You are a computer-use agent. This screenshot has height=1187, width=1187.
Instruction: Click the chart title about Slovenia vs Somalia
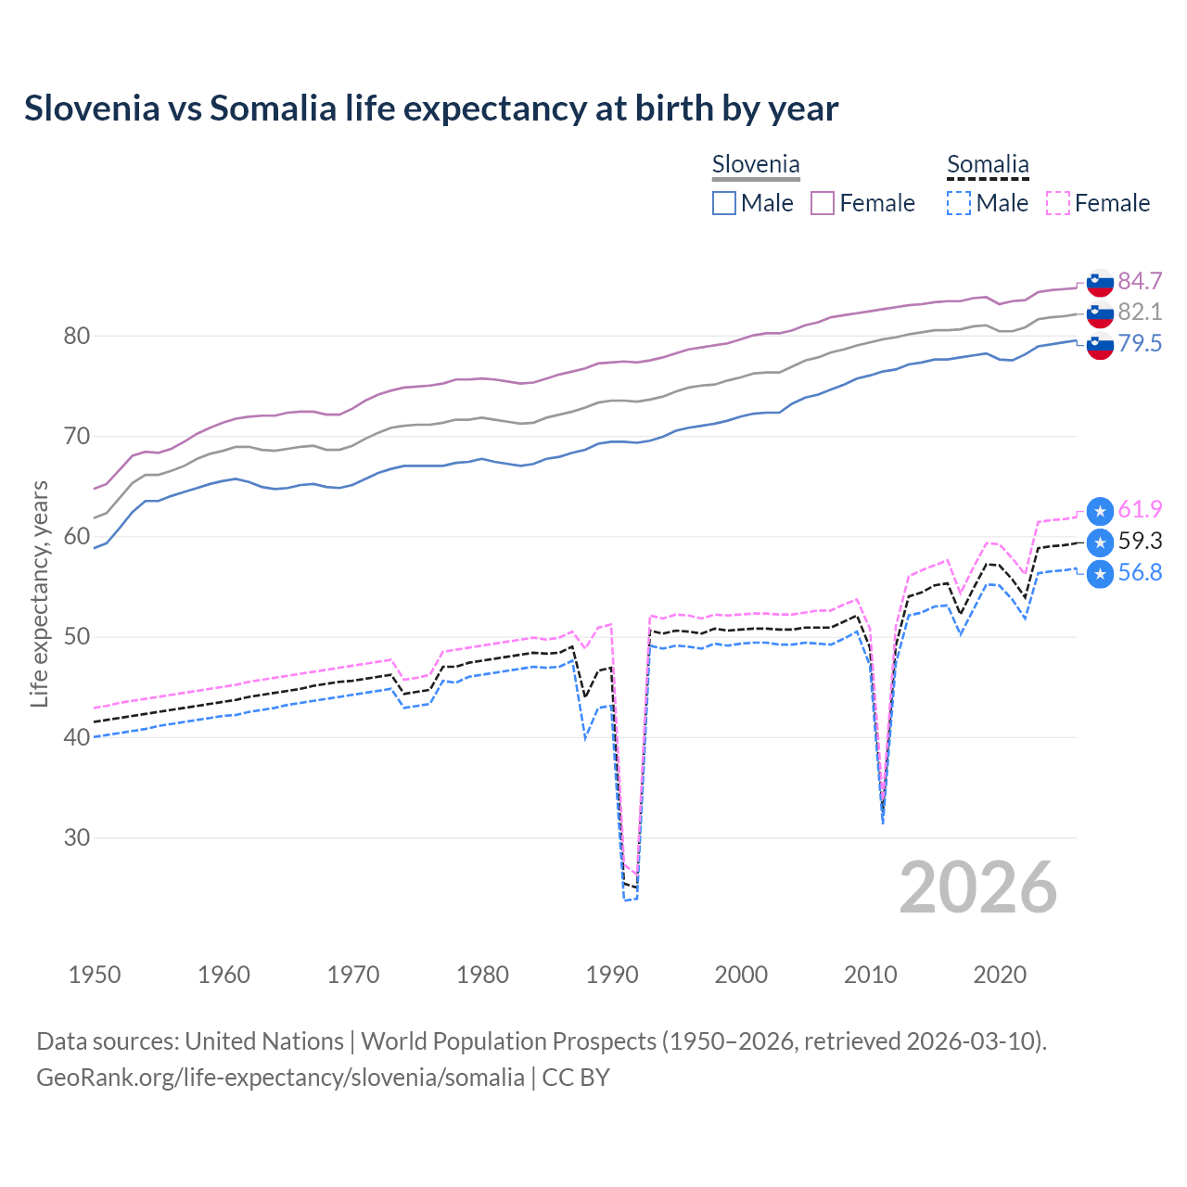tap(431, 108)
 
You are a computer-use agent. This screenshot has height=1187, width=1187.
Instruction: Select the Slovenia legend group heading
tap(755, 165)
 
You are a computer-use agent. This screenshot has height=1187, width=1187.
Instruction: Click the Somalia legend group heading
tap(988, 165)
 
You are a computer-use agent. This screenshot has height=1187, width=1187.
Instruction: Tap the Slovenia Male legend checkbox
tap(724, 203)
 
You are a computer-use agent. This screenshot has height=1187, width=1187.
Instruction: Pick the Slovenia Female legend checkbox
tap(823, 203)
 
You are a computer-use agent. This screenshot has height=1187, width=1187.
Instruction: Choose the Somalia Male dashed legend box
tap(959, 203)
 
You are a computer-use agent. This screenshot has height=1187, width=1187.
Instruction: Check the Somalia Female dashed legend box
tap(1058, 203)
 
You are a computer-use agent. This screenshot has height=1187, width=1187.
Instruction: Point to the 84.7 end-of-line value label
tap(1140, 281)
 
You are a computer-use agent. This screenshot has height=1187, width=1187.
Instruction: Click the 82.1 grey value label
tap(1140, 312)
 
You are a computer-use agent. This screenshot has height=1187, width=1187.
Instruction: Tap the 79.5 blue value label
tap(1140, 343)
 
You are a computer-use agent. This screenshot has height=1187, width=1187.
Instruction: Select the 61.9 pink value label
tap(1140, 509)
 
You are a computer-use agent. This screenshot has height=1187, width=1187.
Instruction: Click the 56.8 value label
tap(1140, 572)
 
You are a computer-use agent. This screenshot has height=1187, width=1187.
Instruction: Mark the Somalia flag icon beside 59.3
tap(1100, 542)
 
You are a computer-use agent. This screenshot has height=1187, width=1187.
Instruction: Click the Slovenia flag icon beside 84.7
tap(1100, 282)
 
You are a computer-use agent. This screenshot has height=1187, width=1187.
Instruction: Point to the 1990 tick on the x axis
tap(612, 975)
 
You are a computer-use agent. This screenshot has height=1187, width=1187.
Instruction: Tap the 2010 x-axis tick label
tap(870, 975)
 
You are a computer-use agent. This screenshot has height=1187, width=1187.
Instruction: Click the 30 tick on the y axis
tap(77, 837)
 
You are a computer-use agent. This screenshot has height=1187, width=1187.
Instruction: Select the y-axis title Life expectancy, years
tap(39, 593)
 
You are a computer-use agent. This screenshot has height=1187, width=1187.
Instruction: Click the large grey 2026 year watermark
tap(977, 887)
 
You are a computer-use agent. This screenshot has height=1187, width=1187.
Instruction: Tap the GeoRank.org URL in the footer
tap(280, 1078)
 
